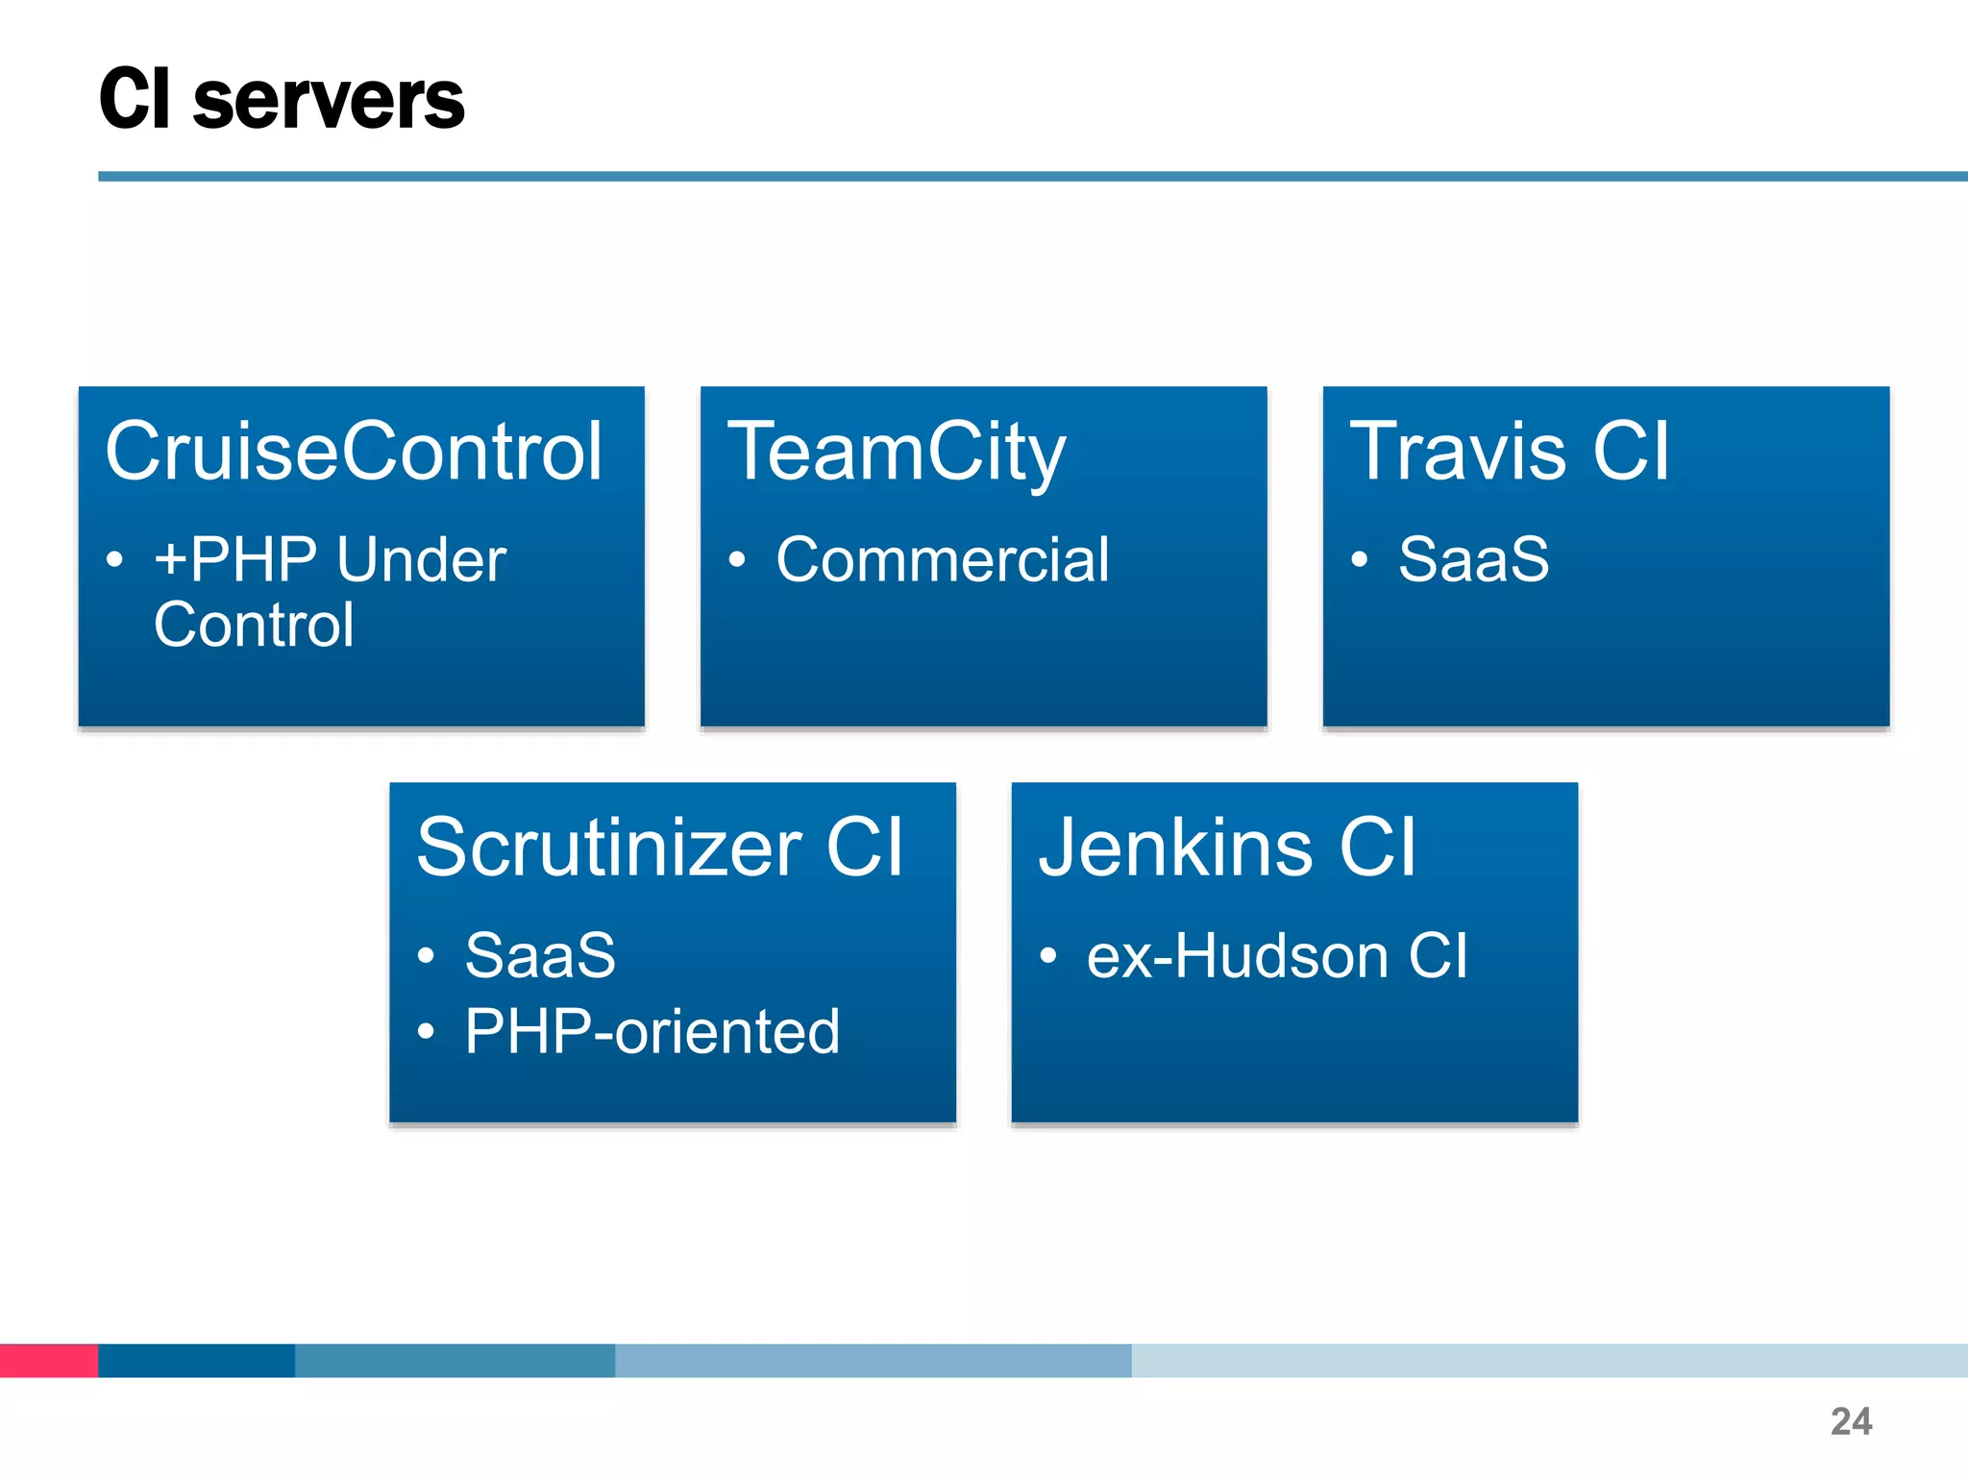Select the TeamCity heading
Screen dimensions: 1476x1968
coord(896,453)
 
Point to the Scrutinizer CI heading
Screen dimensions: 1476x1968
coord(660,847)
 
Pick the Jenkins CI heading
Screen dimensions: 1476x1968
coord(1227,847)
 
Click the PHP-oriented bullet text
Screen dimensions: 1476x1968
coord(652,1032)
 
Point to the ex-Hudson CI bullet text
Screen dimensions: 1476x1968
coord(1277,956)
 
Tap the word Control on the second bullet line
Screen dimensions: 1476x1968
coord(254,625)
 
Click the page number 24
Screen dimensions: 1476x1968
coord(1851,1421)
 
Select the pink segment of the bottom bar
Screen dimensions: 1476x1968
coord(48,1360)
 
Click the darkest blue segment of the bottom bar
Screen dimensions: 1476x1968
coord(196,1360)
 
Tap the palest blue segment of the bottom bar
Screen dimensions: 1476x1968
coord(1547,1360)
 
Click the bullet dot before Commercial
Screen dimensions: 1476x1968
coord(737,560)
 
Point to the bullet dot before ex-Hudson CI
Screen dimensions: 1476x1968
coord(1047,956)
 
